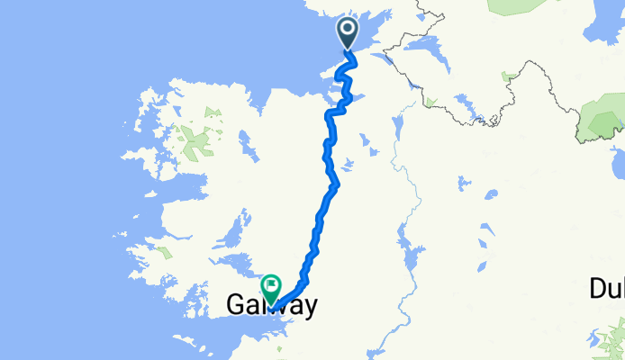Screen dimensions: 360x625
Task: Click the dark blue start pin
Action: coord(349,33)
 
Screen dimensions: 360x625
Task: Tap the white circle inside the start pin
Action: coord(349,30)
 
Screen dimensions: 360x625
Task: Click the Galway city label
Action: coord(269,307)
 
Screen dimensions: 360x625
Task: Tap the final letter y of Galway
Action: coord(307,309)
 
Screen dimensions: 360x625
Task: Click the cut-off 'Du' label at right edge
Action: coord(606,289)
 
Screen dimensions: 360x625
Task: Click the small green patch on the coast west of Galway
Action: coord(163,254)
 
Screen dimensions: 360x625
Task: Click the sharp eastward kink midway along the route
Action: coord(337,184)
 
